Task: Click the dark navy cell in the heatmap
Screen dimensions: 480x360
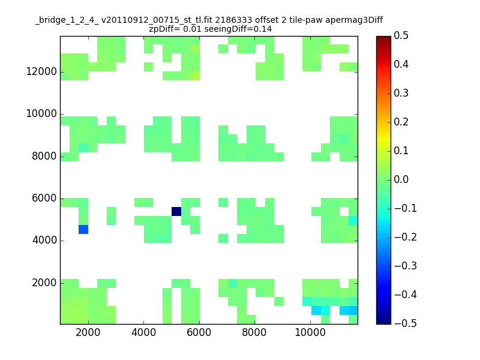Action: [x=176, y=211]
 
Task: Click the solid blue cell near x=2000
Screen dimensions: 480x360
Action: [x=83, y=229]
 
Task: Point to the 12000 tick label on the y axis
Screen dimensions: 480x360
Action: [x=41, y=71]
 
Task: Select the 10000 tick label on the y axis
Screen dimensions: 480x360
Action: [x=41, y=113]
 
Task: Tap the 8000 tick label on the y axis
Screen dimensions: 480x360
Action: [x=44, y=156]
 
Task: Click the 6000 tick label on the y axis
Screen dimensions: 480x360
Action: [x=44, y=198]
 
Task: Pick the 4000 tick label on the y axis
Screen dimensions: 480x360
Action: [x=44, y=241]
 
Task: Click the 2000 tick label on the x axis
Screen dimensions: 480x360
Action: [x=88, y=332]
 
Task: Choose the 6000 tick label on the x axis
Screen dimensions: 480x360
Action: [x=199, y=332]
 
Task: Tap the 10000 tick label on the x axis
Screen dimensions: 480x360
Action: [x=310, y=332]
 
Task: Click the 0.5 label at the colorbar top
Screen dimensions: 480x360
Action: [x=401, y=35]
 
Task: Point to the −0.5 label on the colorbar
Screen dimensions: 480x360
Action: [x=406, y=323]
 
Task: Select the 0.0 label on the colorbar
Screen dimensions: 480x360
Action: [x=401, y=179]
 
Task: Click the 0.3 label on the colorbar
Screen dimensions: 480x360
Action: [x=401, y=93]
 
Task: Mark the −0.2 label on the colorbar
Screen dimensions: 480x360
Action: [x=406, y=237]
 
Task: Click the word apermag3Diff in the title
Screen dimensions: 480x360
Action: [x=354, y=20]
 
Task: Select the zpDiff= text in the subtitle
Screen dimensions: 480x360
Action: [x=164, y=29]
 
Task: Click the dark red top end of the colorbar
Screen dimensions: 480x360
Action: [x=383, y=38]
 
